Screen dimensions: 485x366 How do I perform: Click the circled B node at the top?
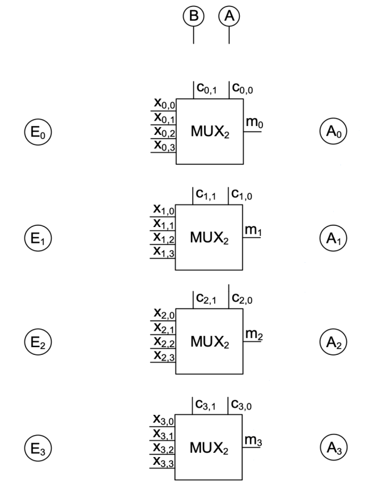193,17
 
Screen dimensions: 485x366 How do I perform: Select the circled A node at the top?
230,17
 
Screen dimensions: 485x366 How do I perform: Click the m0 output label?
254,124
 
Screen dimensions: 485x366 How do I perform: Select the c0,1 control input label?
207,90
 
